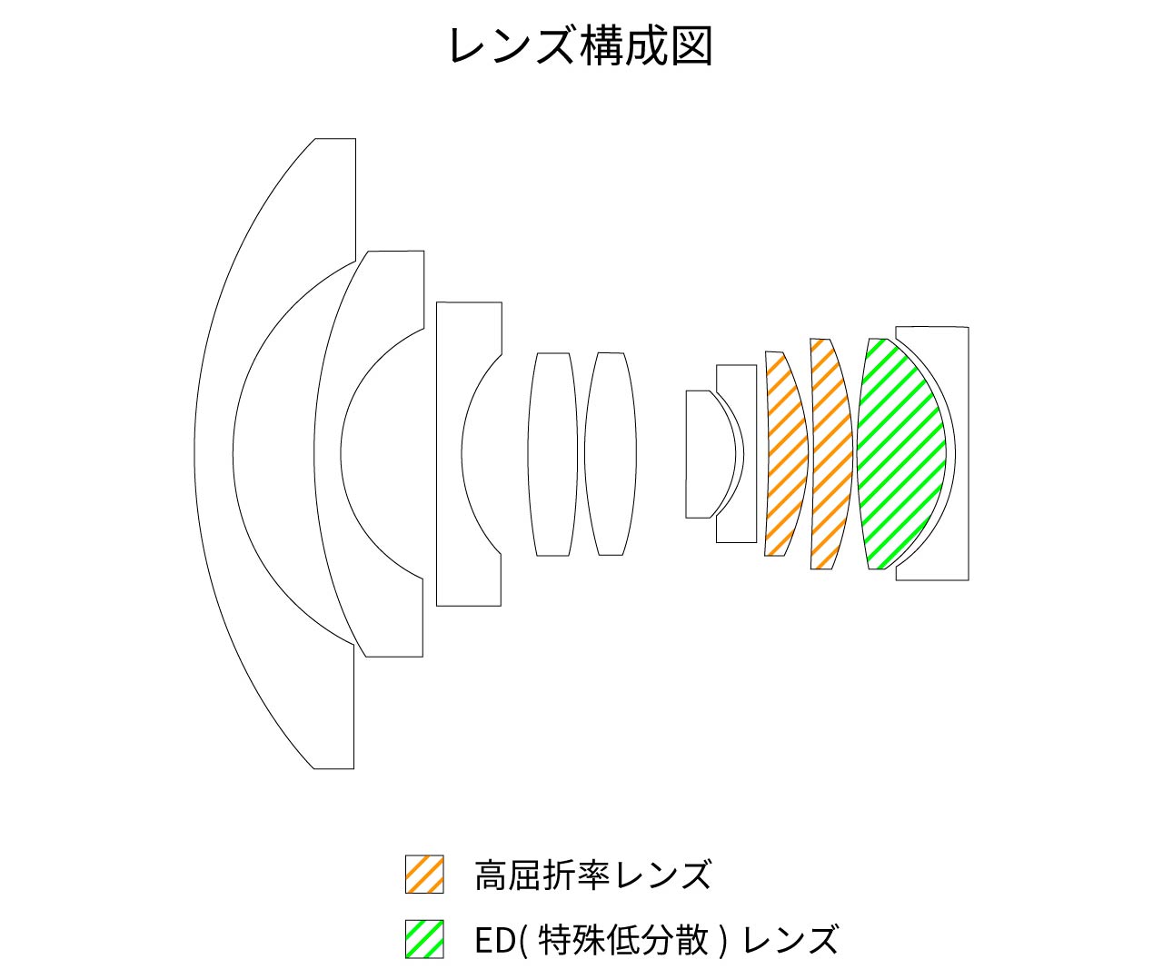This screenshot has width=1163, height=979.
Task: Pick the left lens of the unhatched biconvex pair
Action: pos(553,454)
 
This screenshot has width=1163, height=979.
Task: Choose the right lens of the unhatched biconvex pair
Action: pos(611,454)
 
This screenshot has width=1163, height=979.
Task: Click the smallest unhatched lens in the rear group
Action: pos(708,454)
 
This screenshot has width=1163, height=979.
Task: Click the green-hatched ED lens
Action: pos(901,454)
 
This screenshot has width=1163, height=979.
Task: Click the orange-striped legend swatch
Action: pos(424,875)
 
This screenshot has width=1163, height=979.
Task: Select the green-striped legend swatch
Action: pos(424,939)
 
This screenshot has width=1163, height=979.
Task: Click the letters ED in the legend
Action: pos(494,939)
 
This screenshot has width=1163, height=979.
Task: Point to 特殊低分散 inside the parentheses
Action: pos(624,939)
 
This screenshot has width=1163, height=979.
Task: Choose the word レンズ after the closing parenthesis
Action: pos(790,939)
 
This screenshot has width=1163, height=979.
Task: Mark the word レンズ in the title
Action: pos(511,46)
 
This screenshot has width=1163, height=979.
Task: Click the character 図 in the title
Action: pos(691,46)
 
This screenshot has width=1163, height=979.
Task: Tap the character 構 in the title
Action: pos(601,46)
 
